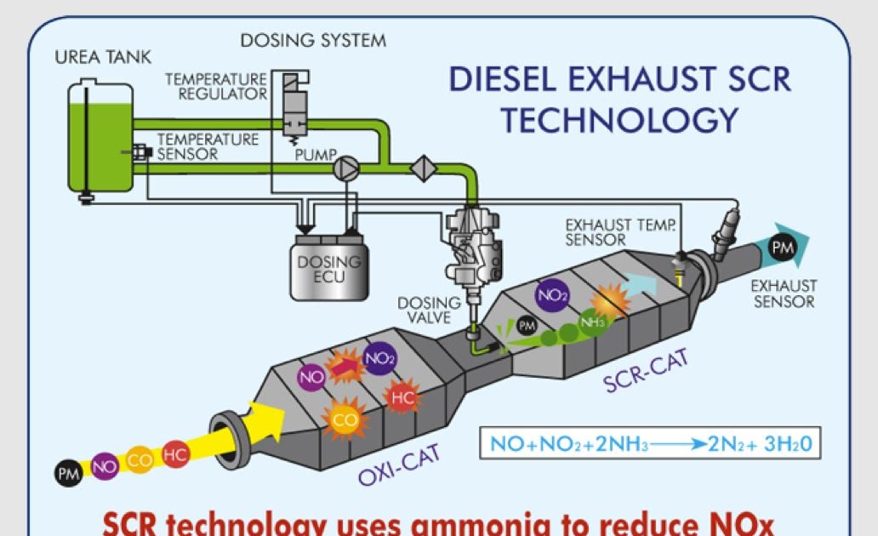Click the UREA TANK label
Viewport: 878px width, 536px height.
[103, 58]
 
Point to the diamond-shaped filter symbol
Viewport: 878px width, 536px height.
[423, 168]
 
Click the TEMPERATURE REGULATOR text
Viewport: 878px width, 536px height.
[216, 86]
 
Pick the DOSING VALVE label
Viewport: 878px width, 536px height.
[430, 311]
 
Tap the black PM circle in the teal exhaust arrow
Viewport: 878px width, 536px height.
[782, 248]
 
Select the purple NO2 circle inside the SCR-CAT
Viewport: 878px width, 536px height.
[550, 295]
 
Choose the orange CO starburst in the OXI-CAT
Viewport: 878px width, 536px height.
[345, 419]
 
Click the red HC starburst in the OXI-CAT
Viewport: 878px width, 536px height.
[402, 396]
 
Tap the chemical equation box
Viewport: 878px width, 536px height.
[650, 443]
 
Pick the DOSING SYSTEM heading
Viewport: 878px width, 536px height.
[313, 40]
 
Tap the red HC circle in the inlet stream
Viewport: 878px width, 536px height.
[175, 455]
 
